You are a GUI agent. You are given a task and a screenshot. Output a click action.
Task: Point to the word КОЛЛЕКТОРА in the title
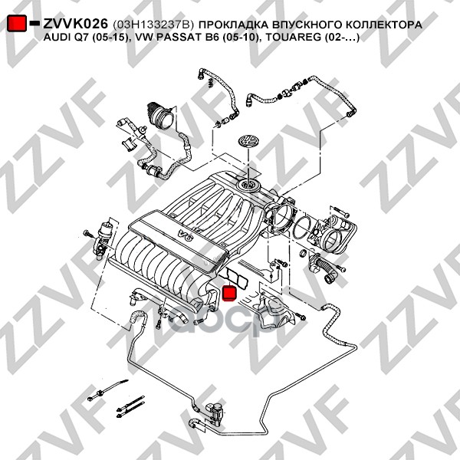pos(383,24)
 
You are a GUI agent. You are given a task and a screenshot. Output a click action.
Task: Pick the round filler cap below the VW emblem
pos(248,185)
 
